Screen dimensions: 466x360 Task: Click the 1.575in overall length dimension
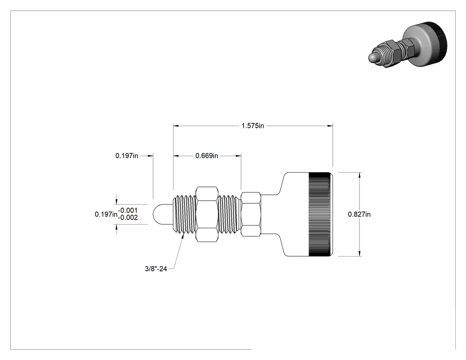coord(253,126)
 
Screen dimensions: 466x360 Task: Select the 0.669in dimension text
coord(206,155)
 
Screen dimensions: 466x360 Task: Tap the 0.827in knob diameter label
coord(359,214)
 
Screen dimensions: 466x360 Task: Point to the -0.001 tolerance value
coord(128,210)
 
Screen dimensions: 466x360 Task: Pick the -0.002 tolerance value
coord(128,218)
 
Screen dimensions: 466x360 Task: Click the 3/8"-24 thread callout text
coord(156,269)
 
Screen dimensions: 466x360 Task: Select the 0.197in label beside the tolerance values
coord(106,214)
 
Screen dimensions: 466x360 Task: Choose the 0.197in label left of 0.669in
coord(126,155)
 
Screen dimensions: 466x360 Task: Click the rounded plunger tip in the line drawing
coord(163,214)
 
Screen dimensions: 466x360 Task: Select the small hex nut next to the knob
coord(251,214)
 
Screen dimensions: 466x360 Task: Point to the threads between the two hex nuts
coord(229,214)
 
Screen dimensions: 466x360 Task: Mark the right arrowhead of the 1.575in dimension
coord(330,126)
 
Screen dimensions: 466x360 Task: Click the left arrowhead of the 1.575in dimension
coord(176,126)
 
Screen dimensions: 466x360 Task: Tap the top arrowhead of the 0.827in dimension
coord(359,175)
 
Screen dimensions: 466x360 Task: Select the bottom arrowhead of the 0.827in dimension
coord(359,253)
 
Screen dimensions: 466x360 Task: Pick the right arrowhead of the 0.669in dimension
coord(238,155)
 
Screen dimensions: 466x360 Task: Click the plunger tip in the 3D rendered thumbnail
coord(373,58)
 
